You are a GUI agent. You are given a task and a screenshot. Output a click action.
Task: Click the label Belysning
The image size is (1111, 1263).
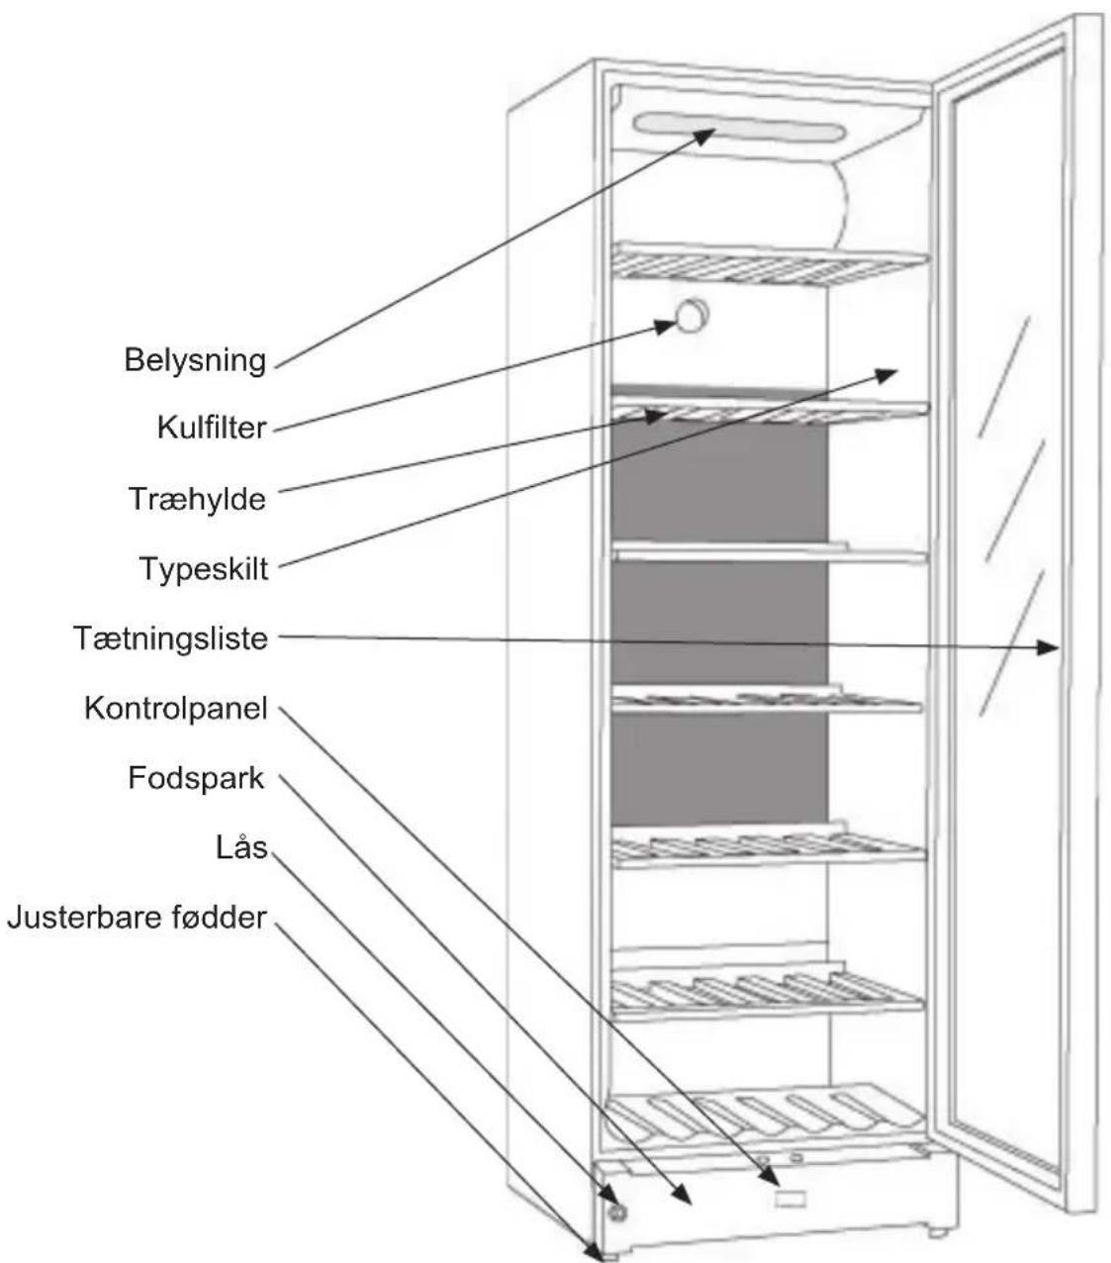coord(195,360)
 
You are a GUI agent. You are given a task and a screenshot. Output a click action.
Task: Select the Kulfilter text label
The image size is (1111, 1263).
coord(212,428)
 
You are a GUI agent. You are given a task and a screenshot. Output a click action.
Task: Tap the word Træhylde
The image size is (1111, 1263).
coord(198,499)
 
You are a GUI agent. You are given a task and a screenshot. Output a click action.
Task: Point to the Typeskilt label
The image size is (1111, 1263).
coord(204,568)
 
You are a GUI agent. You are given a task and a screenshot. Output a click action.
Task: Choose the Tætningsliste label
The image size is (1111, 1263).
coord(171,638)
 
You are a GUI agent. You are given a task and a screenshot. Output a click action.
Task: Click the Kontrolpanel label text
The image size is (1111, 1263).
coord(176,708)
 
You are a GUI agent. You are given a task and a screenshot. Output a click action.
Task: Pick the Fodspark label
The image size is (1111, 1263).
coord(196,778)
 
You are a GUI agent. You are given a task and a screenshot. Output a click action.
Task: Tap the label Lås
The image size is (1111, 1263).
coord(241,848)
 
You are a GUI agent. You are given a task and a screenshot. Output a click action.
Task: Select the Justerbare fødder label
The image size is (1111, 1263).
coord(138,918)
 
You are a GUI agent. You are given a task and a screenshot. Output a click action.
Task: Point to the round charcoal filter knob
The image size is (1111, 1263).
coord(693,316)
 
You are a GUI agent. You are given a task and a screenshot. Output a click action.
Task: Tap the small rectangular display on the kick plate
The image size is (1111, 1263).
coord(789,1200)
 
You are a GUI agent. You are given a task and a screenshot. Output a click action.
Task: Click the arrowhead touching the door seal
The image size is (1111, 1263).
coord(1048,647)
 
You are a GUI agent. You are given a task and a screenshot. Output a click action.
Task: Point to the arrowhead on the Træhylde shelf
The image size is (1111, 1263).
coord(656,417)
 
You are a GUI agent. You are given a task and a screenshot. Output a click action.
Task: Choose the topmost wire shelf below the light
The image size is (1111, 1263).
coord(770,265)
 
